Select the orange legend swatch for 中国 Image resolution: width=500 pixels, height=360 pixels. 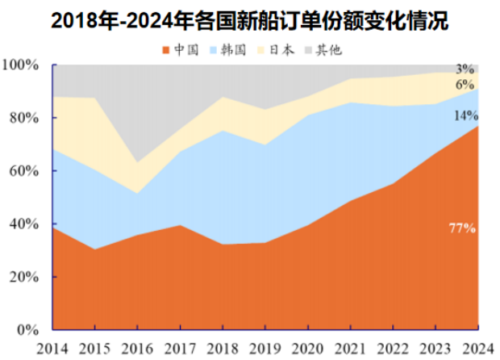(x=166, y=50)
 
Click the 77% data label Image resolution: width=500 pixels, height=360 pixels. (x=462, y=228)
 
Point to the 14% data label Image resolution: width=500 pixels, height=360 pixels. (x=465, y=115)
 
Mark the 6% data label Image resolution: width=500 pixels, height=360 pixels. (x=465, y=85)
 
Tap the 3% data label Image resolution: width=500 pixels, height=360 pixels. (x=465, y=69)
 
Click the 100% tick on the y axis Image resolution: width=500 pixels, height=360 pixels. (x=21, y=65)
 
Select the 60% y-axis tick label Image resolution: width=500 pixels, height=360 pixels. (x=24, y=171)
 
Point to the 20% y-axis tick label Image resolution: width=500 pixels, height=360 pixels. (x=24, y=277)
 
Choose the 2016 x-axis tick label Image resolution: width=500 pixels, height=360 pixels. (x=137, y=347)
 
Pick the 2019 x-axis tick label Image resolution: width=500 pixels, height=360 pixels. (x=265, y=347)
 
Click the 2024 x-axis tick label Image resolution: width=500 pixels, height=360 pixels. (x=476, y=347)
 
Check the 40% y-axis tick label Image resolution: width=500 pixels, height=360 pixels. (x=24, y=224)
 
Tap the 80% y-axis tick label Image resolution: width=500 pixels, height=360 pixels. (x=24, y=118)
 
